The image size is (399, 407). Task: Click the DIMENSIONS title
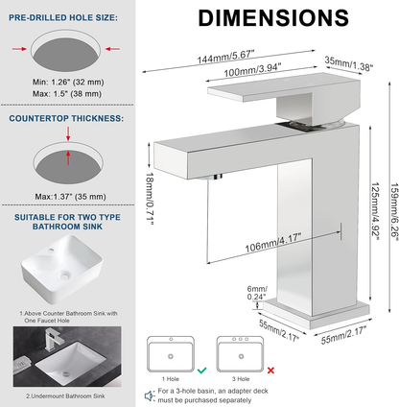[273, 18]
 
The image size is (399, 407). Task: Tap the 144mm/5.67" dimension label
[225, 57]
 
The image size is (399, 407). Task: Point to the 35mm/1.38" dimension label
[349, 63]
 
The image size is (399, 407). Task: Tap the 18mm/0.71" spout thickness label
[150, 199]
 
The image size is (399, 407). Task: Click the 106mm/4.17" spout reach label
[273, 243]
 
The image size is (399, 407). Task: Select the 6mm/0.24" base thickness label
[257, 293]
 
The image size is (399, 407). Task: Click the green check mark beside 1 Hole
[201, 371]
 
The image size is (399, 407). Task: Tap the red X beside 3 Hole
[270, 371]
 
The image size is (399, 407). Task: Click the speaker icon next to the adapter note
[150, 395]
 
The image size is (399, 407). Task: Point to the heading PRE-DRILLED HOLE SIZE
[63, 18]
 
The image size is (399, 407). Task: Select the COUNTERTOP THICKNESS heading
[66, 118]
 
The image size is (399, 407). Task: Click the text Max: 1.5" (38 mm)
[67, 94]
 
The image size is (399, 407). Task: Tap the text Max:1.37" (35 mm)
[70, 197]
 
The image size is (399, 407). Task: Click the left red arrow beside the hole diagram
[19, 49]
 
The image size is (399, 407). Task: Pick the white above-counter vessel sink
[62, 269]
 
